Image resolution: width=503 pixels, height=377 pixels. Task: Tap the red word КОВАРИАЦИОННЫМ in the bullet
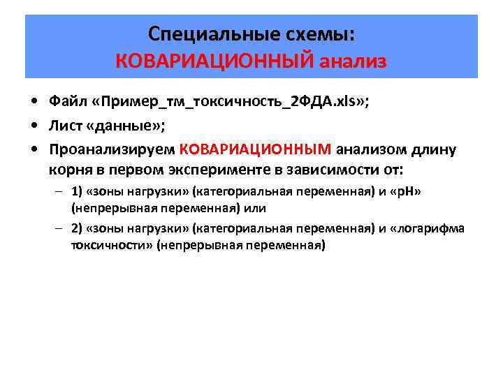click(x=255, y=148)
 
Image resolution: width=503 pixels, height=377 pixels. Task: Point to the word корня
click(x=67, y=169)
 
